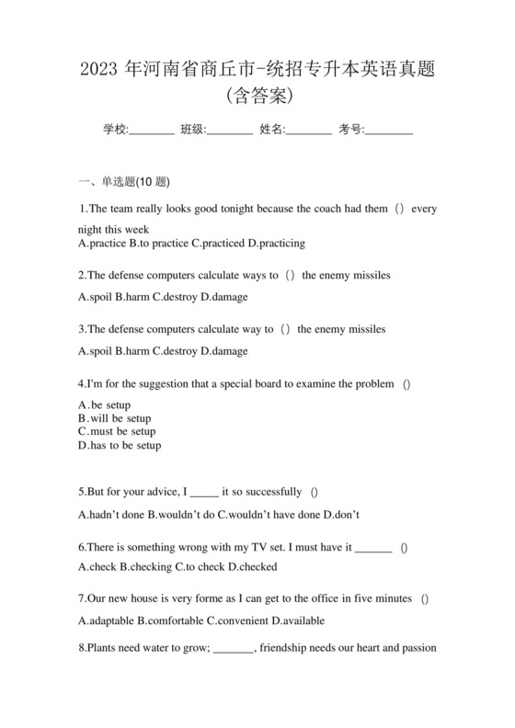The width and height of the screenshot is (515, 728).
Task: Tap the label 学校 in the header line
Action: point(114,130)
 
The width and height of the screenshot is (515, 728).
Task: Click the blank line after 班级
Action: point(230,131)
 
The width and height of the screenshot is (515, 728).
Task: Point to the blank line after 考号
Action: point(389,131)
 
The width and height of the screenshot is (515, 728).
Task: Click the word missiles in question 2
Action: point(368,275)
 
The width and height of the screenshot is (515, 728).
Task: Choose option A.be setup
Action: point(105,404)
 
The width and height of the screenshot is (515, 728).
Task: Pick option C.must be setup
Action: point(117,431)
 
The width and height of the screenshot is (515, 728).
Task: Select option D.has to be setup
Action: point(120,445)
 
